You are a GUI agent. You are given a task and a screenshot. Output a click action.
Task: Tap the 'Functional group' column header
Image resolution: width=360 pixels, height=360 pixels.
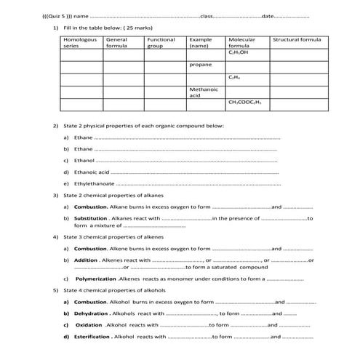click(x=160, y=42)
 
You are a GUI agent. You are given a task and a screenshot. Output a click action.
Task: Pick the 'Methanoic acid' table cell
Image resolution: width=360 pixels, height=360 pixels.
click(x=200, y=92)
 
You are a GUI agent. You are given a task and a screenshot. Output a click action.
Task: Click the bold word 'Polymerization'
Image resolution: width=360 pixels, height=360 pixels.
click(x=96, y=279)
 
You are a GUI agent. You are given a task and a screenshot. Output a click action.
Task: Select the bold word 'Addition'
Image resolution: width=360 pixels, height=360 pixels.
click(x=86, y=260)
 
